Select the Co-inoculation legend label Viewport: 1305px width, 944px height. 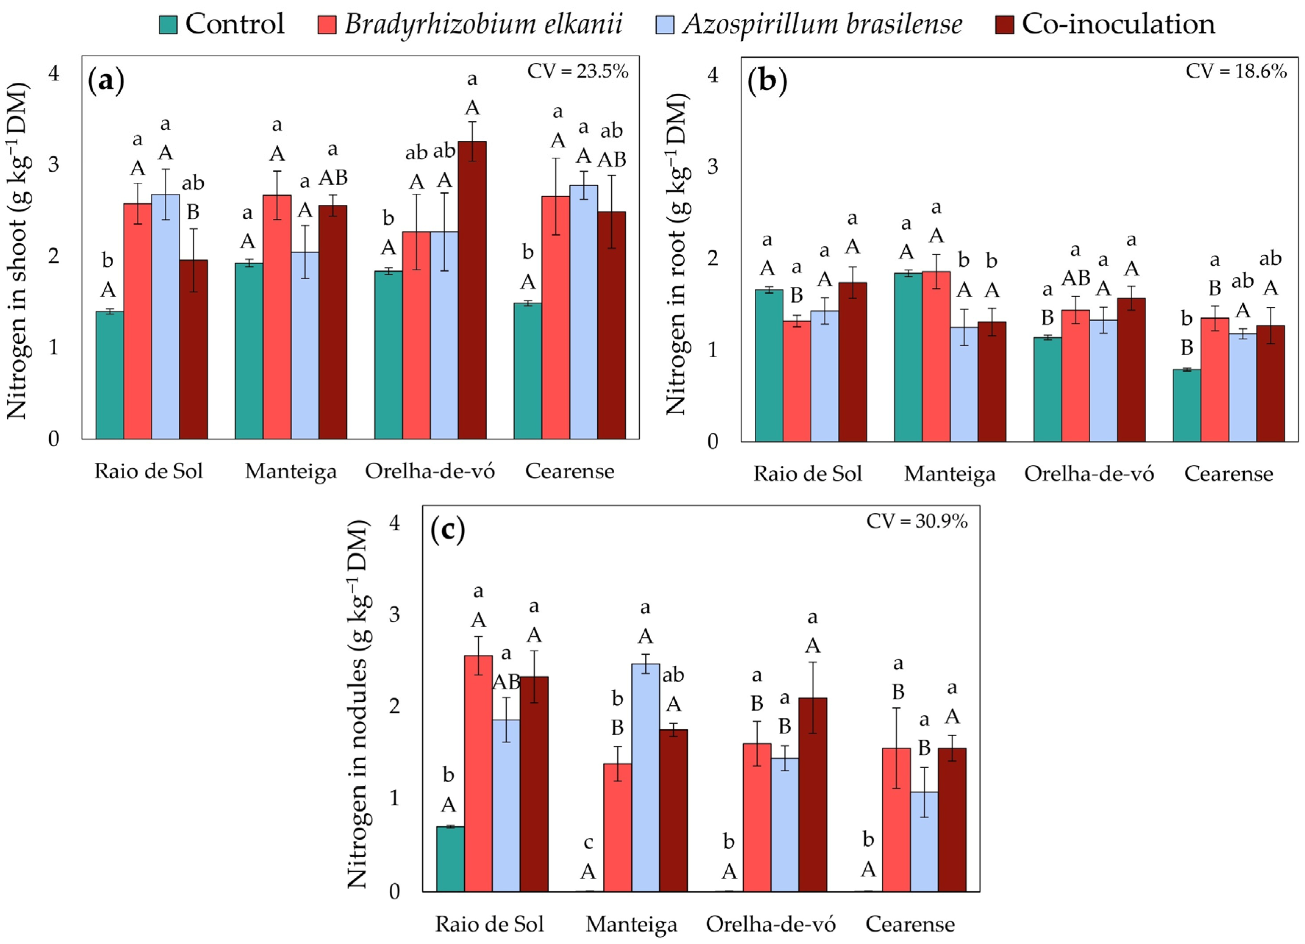pyautogui.click(x=1118, y=24)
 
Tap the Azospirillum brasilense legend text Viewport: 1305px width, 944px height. pyautogui.click(x=822, y=24)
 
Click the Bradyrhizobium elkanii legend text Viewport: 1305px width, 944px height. pyautogui.click(x=483, y=24)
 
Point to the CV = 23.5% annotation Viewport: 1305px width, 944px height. pyautogui.click(x=578, y=71)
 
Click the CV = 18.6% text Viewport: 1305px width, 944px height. pyautogui.click(x=1236, y=71)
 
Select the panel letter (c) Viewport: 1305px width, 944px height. pyautogui.click(x=448, y=529)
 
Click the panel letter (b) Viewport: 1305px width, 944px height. pyautogui.click(x=766, y=81)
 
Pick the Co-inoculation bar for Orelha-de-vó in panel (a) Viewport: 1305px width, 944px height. pyautogui.click(x=472, y=290)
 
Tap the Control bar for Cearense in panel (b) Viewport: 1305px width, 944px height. pyautogui.click(x=1187, y=405)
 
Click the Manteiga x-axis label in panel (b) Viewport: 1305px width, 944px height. pyautogui.click(x=950, y=474)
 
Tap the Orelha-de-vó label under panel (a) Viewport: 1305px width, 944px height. pyautogui.click(x=430, y=472)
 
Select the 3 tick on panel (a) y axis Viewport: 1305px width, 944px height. pyautogui.click(x=54, y=165)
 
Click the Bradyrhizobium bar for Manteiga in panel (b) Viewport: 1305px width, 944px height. pyautogui.click(x=936, y=357)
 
